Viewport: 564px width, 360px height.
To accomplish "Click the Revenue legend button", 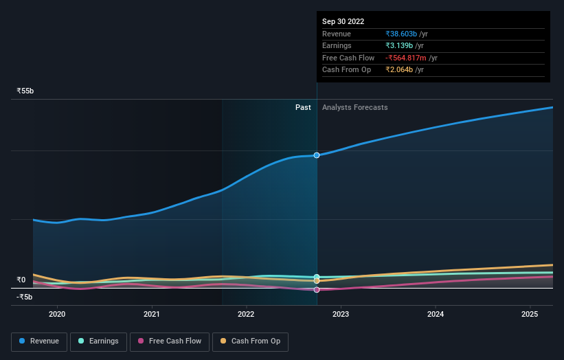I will point(39,341).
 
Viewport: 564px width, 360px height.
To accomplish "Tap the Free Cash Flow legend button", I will point(169,341).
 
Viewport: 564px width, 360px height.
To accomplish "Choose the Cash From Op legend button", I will point(251,341).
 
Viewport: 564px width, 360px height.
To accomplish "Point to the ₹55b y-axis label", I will point(25,91).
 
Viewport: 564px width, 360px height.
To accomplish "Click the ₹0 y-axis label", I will point(21,280).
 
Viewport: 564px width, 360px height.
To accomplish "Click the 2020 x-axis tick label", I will point(57,315).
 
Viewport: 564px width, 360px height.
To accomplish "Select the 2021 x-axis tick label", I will point(152,315).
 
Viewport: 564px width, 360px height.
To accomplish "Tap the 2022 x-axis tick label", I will point(246,315).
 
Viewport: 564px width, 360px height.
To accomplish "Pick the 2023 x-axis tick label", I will point(341,315).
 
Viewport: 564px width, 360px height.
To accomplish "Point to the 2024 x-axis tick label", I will point(436,315).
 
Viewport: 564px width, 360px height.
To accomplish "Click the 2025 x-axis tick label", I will point(530,315).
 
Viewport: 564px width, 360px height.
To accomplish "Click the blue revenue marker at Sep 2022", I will point(317,155).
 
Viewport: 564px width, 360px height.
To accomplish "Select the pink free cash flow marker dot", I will point(317,290).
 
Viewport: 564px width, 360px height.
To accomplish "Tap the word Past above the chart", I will point(303,107).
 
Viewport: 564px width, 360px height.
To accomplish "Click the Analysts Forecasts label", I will point(354,107).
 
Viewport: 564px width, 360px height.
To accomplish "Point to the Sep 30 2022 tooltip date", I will point(343,21).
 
